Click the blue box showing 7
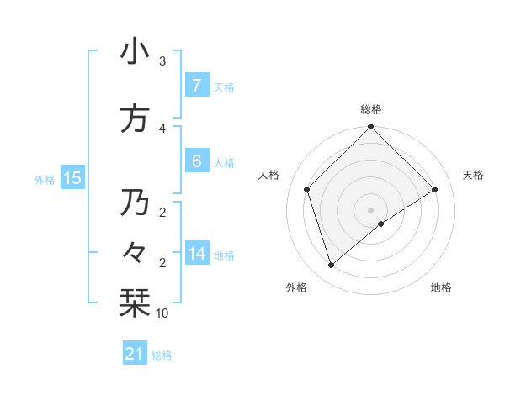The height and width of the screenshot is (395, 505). pyautogui.click(x=196, y=86)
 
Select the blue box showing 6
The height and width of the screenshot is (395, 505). pyautogui.click(x=196, y=161)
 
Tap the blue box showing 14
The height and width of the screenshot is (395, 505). pyautogui.click(x=196, y=254)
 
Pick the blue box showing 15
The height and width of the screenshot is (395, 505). pyautogui.click(x=72, y=178)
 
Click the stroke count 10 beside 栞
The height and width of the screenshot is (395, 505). pyautogui.click(x=162, y=313)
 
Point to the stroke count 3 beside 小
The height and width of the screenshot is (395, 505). pyautogui.click(x=162, y=61)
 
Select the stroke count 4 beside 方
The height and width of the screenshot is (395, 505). pyautogui.click(x=162, y=128)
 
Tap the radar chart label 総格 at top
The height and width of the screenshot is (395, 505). pyautogui.click(x=371, y=109)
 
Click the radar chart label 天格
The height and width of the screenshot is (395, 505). pyautogui.click(x=473, y=175)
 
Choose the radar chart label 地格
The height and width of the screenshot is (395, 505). pyautogui.click(x=441, y=287)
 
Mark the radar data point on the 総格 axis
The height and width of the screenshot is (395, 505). pyautogui.click(x=371, y=127)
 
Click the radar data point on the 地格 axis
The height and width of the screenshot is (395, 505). pyautogui.click(x=381, y=224)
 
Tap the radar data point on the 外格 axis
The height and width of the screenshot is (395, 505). pyautogui.click(x=332, y=266)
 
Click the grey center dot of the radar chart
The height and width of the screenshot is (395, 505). pyautogui.click(x=371, y=209)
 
